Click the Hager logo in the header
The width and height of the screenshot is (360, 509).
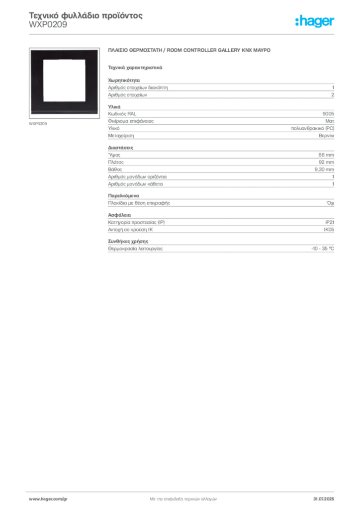[314, 21]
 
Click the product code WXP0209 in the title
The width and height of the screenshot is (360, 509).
[48, 25]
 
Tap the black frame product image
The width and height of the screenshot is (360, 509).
[64, 83]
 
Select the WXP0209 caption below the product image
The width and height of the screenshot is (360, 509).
[38, 124]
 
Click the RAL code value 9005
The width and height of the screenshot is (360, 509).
[328, 114]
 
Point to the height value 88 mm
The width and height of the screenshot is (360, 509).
[326, 155]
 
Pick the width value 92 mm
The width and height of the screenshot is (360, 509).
[326, 162]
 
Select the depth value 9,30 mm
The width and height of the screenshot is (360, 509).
[324, 170]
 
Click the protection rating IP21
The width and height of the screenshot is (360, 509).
[330, 222]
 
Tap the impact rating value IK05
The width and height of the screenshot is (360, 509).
[329, 230]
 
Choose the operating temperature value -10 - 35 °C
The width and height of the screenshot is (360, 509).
[323, 249]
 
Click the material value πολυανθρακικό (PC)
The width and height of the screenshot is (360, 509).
[313, 128]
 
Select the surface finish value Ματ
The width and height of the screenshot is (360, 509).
[330, 121]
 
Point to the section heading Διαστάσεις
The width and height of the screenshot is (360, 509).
[120, 148]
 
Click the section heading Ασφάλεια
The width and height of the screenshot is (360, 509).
[119, 215]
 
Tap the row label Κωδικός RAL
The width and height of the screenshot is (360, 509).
[122, 114]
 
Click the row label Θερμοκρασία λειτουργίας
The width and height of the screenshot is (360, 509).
[135, 249]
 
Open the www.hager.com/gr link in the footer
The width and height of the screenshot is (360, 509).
[48, 499]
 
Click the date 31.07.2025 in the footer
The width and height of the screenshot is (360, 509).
[324, 499]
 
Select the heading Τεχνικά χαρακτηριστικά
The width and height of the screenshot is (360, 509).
[135, 68]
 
